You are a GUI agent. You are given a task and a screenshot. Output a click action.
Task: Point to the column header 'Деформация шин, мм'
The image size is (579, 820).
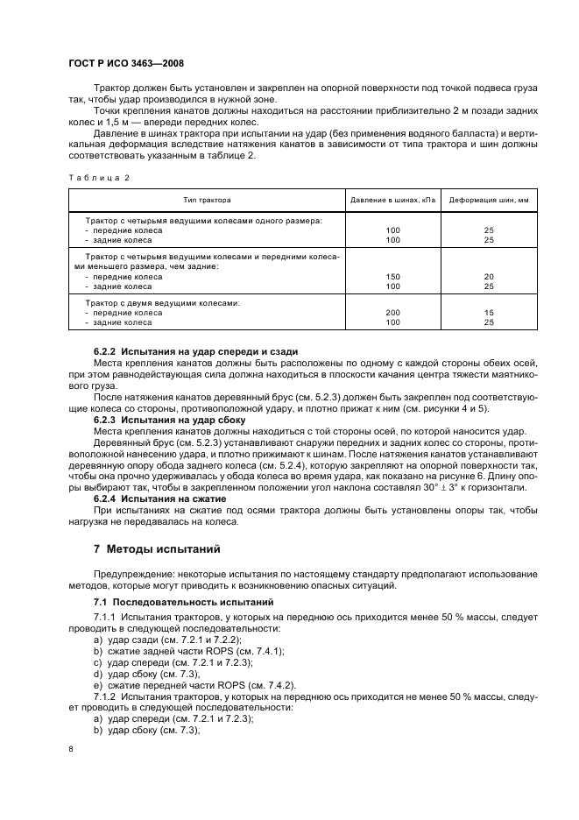489,201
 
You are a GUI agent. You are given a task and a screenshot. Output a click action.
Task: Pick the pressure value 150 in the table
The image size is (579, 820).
392,276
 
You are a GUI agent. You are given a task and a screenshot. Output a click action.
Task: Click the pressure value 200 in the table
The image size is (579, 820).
392,313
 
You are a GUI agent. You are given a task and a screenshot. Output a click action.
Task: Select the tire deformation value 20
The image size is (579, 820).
489,276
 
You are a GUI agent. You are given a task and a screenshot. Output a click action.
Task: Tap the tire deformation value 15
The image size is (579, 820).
489,313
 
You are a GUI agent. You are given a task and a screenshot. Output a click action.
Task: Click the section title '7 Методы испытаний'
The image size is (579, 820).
151,549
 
